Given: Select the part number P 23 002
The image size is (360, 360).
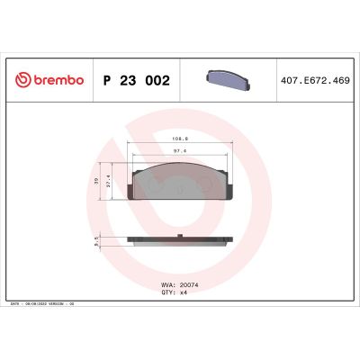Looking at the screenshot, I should tap(137, 80).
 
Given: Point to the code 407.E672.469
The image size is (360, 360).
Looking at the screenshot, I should tap(315, 80).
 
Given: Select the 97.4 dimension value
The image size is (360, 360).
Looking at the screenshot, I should tap(179, 152).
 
